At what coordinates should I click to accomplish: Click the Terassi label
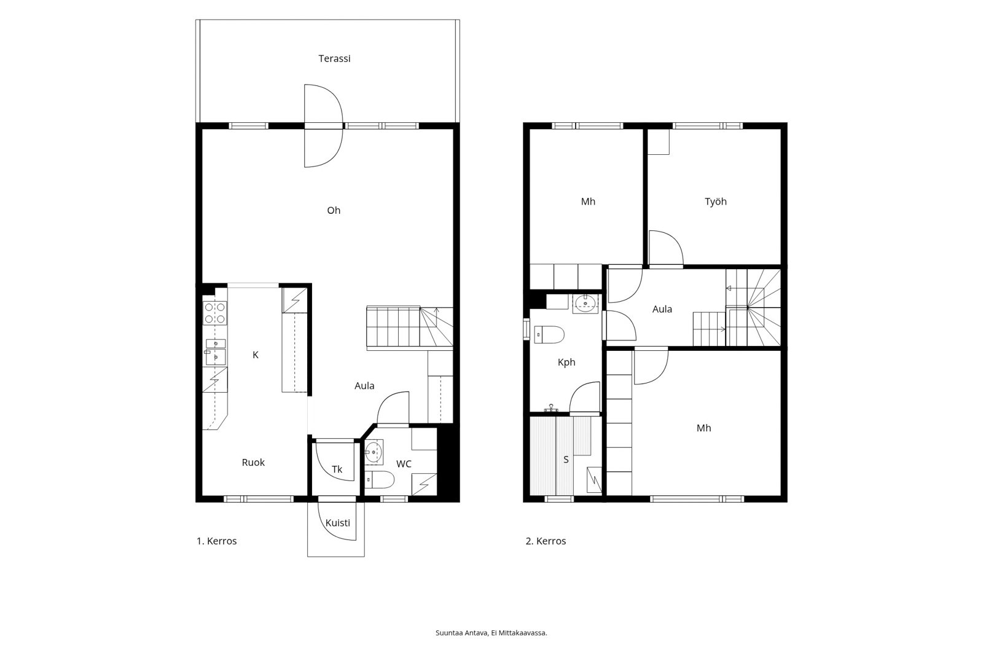coord(334,58)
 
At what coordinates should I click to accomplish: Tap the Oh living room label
coord(334,210)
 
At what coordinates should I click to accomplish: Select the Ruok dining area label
coord(253,462)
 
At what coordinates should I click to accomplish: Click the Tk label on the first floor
coord(337,469)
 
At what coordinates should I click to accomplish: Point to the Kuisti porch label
coord(337,523)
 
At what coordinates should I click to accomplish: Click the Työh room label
coord(715,202)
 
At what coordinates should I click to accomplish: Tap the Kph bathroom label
coord(566,363)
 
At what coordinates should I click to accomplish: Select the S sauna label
coord(566,460)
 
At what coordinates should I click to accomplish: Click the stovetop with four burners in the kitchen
coord(215,313)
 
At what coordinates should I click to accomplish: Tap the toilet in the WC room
coord(380,479)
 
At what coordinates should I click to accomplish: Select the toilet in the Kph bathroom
coord(549,334)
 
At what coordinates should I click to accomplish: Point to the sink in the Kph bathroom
coord(585,304)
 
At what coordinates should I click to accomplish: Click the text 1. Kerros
coord(216,541)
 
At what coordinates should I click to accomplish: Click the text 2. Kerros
coord(546,541)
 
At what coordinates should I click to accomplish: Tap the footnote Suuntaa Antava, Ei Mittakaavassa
coord(491,633)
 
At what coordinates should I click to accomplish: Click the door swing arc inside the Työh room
coord(673,239)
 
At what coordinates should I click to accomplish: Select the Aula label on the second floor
coord(662,309)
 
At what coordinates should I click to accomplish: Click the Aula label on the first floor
coord(364,386)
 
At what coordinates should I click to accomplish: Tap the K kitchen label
coord(256,355)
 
